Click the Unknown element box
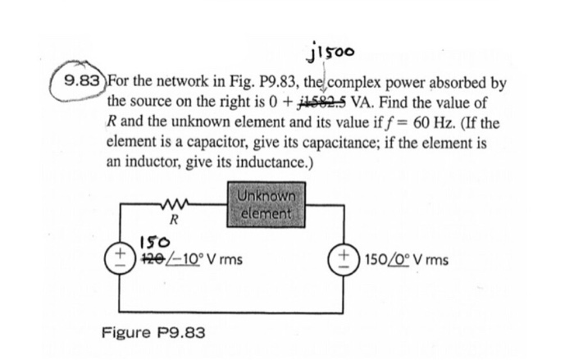267,205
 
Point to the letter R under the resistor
175,221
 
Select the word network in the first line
181,84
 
